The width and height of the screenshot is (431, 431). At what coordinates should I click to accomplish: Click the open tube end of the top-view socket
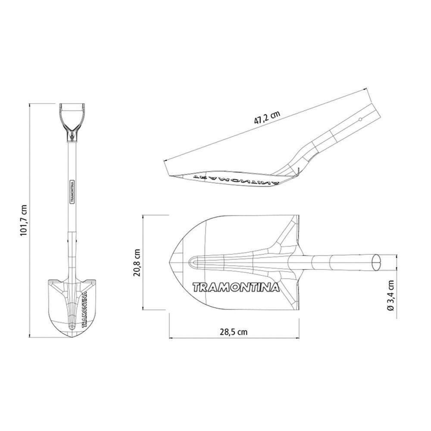click(377, 261)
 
